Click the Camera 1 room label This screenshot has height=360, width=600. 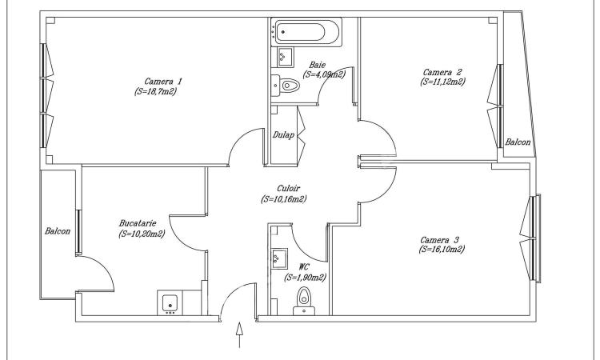coord(163,82)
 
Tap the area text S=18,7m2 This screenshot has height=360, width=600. coord(156,92)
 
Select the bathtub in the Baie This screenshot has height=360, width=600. coord(306,32)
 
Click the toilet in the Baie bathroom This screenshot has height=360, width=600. coord(286,85)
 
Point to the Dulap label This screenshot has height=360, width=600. coord(283,134)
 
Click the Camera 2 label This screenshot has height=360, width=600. coord(442,72)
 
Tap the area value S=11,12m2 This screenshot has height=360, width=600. coord(442,82)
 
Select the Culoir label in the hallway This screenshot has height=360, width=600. coord(288,188)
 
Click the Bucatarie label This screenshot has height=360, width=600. coord(138,223)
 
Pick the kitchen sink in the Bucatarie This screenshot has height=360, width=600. coord(170,302)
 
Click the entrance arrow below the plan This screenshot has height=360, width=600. coord(239,334)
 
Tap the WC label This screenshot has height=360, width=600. coord(304,266)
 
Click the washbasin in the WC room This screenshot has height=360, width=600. coord(280,258)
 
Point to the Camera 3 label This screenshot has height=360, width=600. coord(439,240)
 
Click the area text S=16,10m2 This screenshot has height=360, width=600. coord(442,250)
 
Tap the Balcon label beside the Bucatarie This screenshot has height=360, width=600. coord(58,231)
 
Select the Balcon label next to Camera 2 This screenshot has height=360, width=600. coord(518,142)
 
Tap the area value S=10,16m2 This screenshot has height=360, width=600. coord(283,199)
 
